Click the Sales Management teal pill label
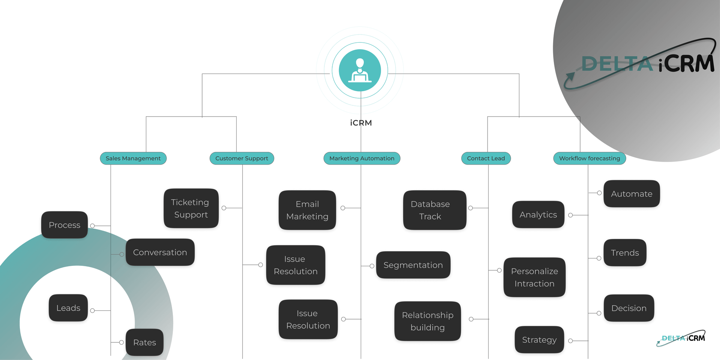point(133,158)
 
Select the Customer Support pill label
point(241,158)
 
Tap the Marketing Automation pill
point(361,158)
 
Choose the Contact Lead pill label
point(486,158)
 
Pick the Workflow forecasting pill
point(589,158)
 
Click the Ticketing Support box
point(191,208)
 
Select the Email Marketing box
point(307,210)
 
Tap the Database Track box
point(434,210)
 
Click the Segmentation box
point(413,265)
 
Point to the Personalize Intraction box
point(534,277)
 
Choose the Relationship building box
point(427,321)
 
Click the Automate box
point(631,194)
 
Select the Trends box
point(625,253)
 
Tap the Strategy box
point(539,340)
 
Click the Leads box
point(68,308)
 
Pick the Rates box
point(144,342)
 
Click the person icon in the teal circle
point(360,70)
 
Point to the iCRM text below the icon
point(361,123)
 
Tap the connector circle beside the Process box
point(92,226)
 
